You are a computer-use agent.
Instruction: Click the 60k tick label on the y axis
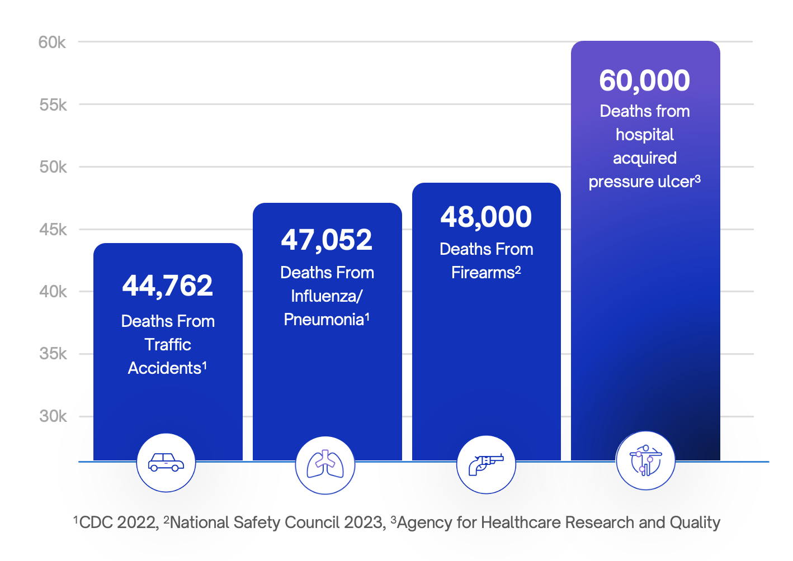52,42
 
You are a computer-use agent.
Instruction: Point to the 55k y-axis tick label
53,105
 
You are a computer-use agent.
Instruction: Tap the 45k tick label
53,230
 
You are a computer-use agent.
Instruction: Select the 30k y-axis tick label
53,416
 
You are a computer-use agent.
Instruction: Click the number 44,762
168,286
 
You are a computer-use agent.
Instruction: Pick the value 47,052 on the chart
327,240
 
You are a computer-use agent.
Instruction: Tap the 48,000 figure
486,217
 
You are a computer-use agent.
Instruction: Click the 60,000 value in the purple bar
645,80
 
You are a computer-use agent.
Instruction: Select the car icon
166,463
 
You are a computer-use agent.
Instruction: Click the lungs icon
325,465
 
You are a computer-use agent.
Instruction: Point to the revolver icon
486,464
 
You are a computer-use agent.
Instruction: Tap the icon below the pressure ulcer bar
645,461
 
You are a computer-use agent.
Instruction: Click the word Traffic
168,345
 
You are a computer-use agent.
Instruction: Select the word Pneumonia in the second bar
324,320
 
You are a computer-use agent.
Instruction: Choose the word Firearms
483,273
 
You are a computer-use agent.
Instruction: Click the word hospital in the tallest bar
645,135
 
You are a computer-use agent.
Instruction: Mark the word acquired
645,158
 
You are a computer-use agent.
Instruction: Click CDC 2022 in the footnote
119,522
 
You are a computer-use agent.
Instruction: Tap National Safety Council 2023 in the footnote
277,522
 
